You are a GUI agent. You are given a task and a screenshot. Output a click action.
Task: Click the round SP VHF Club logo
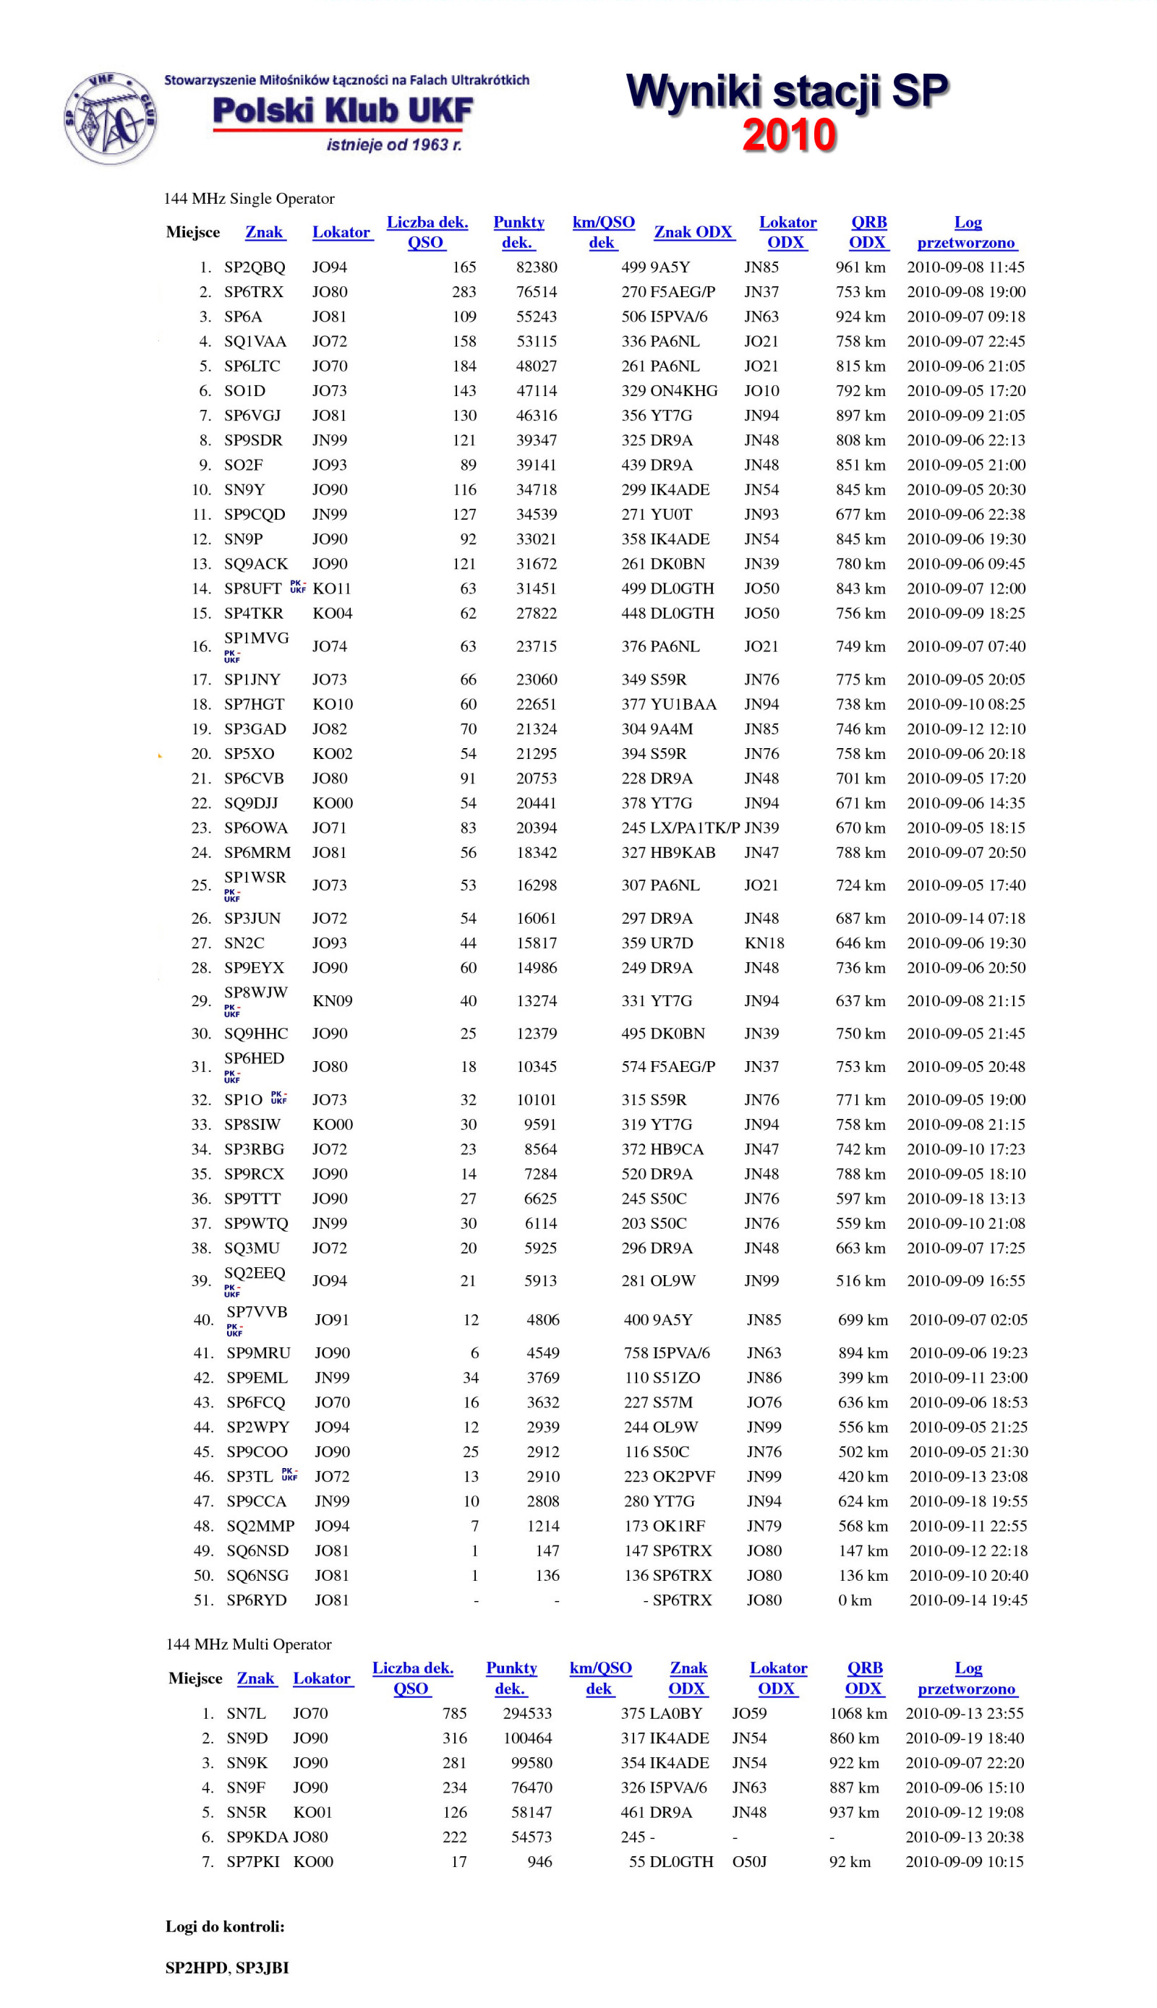click(x=110, y=119)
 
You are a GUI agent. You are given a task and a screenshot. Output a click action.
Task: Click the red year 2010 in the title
click(x=788, y=135)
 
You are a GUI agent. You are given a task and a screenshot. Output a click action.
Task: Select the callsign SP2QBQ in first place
click(x=255, y=267)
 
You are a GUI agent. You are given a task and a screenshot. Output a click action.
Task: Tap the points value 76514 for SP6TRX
click(x=537, y=291)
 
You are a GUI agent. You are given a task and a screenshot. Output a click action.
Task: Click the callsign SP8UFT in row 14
click(x=252, y=588)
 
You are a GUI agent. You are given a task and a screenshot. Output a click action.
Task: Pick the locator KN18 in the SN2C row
click(x=764, y=943)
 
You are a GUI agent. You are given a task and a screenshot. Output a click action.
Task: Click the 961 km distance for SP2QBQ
click(x=860, y=267)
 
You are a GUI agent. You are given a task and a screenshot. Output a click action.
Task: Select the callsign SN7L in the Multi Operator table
click(x=247, y=1713)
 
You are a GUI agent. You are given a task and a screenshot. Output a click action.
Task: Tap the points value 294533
click(x=527, y=1713)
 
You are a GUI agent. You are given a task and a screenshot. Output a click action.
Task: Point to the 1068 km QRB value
click(x=858, y=1713)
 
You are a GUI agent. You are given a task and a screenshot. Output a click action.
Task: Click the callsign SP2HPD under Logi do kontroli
click(x=195, y=1968)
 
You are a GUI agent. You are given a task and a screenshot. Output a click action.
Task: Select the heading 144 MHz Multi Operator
click(x=249, y=1644)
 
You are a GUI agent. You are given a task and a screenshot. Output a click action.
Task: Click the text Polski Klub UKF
click(x=343, y=111)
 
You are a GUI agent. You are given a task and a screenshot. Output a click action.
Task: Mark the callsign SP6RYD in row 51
click(x=256, y=1600)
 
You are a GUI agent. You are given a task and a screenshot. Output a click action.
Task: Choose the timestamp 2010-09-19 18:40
click(x=964, y=1738)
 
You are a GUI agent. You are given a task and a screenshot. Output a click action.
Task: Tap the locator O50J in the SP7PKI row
click(x=749, y=1861)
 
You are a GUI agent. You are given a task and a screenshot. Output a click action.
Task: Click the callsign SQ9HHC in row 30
click(x=256, y=1034)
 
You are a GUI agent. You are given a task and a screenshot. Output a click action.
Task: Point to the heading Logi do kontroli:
click(x=225, y=1926)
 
